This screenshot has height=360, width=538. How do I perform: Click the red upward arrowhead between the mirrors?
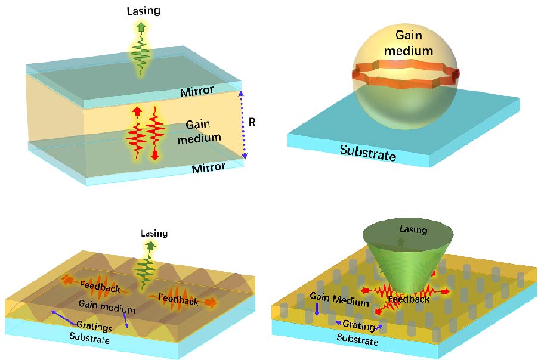point(137,111)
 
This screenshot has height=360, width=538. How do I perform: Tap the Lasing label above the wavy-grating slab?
point(154,233)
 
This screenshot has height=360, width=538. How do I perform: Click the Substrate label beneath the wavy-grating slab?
point(88,340)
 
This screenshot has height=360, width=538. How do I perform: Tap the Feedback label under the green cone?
point(409,299)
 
